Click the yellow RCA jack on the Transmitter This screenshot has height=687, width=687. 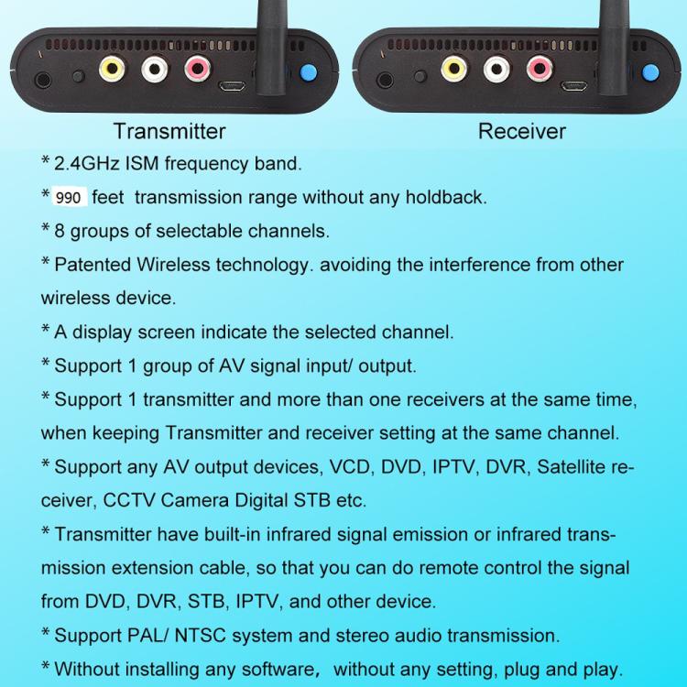111,69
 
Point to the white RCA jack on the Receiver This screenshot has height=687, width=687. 496,69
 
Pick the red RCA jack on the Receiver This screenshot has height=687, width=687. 539,69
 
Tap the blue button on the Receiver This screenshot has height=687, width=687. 651,72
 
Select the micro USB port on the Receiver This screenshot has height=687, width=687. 574,88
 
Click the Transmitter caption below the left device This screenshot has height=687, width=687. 169,131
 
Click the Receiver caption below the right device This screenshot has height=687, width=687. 521,131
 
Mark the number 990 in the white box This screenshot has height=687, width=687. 69,198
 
